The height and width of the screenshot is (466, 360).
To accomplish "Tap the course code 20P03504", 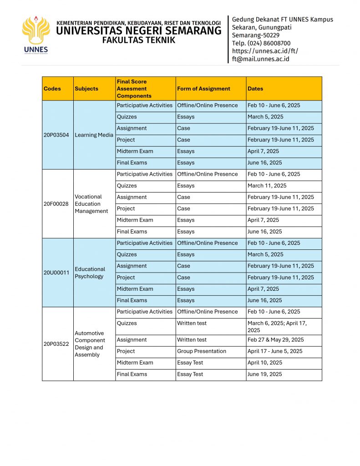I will pos(56,135).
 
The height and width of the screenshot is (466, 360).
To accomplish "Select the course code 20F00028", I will pos(56,204).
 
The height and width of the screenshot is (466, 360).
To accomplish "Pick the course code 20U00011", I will pos(56,273).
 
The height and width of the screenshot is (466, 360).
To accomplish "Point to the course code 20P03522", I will pos(56,344).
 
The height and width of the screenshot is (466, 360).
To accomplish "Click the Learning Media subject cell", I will pos(94,135).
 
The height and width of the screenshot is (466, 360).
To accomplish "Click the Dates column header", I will pos(255,89).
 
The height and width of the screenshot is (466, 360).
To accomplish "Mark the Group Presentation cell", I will pos(202,351).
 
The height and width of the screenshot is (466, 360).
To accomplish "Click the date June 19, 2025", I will pos(264,374).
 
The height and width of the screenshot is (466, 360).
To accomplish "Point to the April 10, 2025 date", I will pos(265,363).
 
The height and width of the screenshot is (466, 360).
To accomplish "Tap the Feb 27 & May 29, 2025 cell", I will pos(276,339).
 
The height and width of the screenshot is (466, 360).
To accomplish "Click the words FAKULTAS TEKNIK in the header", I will pos(138,40).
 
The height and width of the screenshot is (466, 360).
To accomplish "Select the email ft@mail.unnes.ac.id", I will pos(260,59).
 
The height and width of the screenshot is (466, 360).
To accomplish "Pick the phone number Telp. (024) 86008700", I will pos(261,43).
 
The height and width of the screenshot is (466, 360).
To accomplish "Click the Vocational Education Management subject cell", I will pos(91,204).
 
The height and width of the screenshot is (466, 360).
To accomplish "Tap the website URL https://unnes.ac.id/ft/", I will pos(265,51).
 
